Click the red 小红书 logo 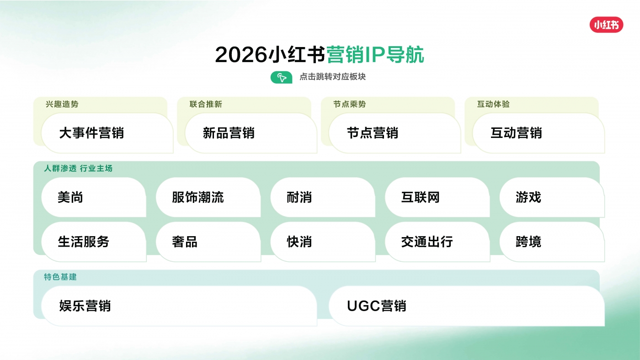click(606, 25)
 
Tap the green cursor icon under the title click(282, 77)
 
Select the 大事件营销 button click(107, 133)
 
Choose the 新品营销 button click(251, 133)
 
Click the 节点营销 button click(395, 133)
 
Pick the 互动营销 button click(539, 133)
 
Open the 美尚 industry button click(94, 197)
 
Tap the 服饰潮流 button click(208, 197)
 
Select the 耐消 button click(323, 197)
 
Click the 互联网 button click(437, 197)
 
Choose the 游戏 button click(552, 197)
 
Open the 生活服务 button click(94, 242)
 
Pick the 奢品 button click(208, 242)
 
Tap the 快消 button click(323, 242)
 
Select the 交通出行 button click(437, 242)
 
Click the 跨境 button click(552, 242)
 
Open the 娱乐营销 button click(179, 306)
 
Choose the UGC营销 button click(467, 306)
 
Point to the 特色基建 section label click(60, 277)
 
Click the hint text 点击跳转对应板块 click(333, 77)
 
